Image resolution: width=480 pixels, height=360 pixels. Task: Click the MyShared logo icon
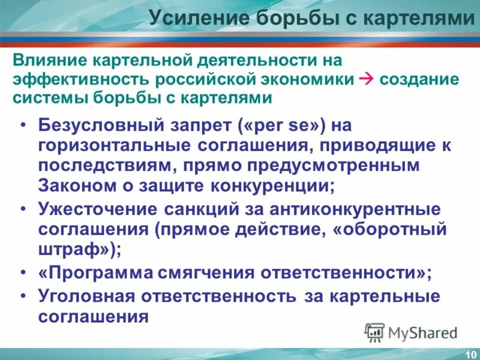(375, 332)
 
